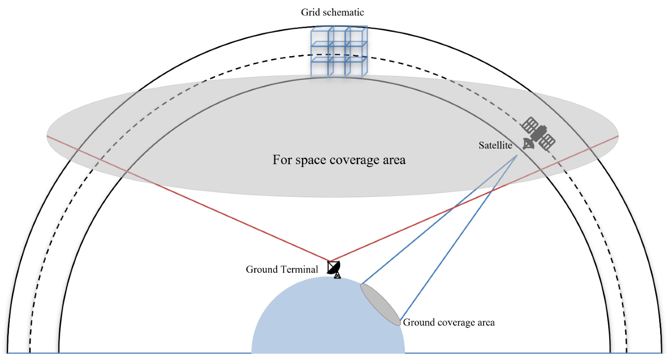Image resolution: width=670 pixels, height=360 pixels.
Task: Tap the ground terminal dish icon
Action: (x=334, y=268)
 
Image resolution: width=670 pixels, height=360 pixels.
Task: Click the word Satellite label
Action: (x=495, y=146)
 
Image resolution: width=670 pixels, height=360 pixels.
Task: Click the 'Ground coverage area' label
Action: (x=449, y=323)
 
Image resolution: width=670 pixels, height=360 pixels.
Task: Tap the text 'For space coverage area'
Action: (x=339, y=160)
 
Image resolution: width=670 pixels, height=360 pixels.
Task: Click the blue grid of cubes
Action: (x=338, y=51)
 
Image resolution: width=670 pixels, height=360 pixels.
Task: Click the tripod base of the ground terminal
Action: (x=337, y=275)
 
